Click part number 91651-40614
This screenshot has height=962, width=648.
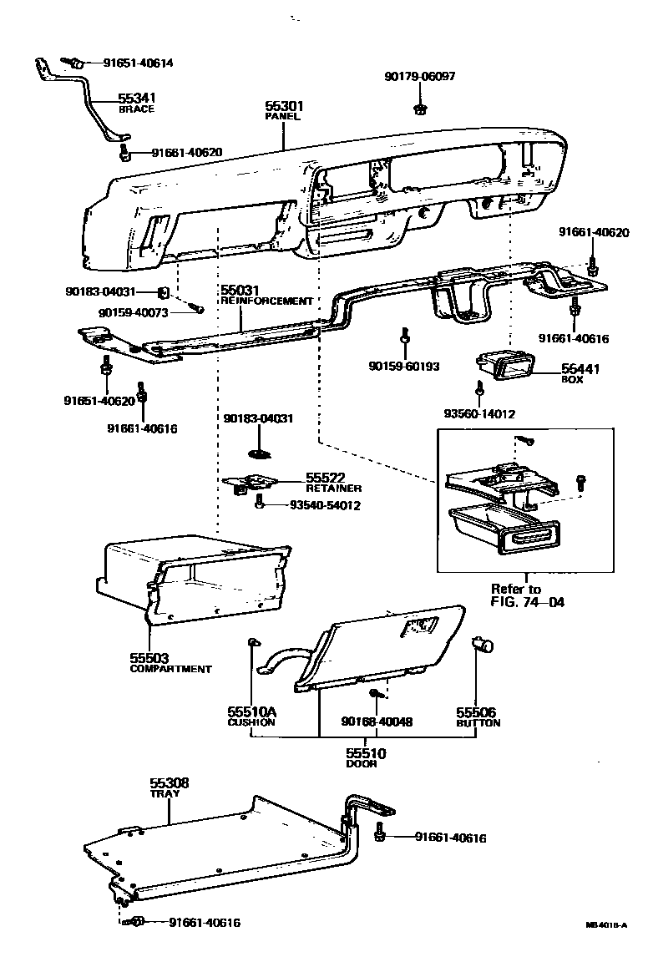(138, 63)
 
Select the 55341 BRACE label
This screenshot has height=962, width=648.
(135, 103)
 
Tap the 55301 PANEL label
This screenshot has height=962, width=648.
(284, 111)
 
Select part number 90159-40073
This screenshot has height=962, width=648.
(133, 312)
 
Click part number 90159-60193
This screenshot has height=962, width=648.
(404, 366)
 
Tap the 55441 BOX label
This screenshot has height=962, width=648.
(580, 372)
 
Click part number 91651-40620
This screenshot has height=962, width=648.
(99, 401)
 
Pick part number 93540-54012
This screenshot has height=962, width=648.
(325, 505)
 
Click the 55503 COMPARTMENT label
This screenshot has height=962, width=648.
(170, 662)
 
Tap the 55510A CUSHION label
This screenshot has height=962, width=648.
(251, 716)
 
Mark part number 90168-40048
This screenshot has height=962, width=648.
(377, 721)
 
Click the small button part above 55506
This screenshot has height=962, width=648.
(483, 645)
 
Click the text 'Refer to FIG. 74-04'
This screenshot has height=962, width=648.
(527, 595)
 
